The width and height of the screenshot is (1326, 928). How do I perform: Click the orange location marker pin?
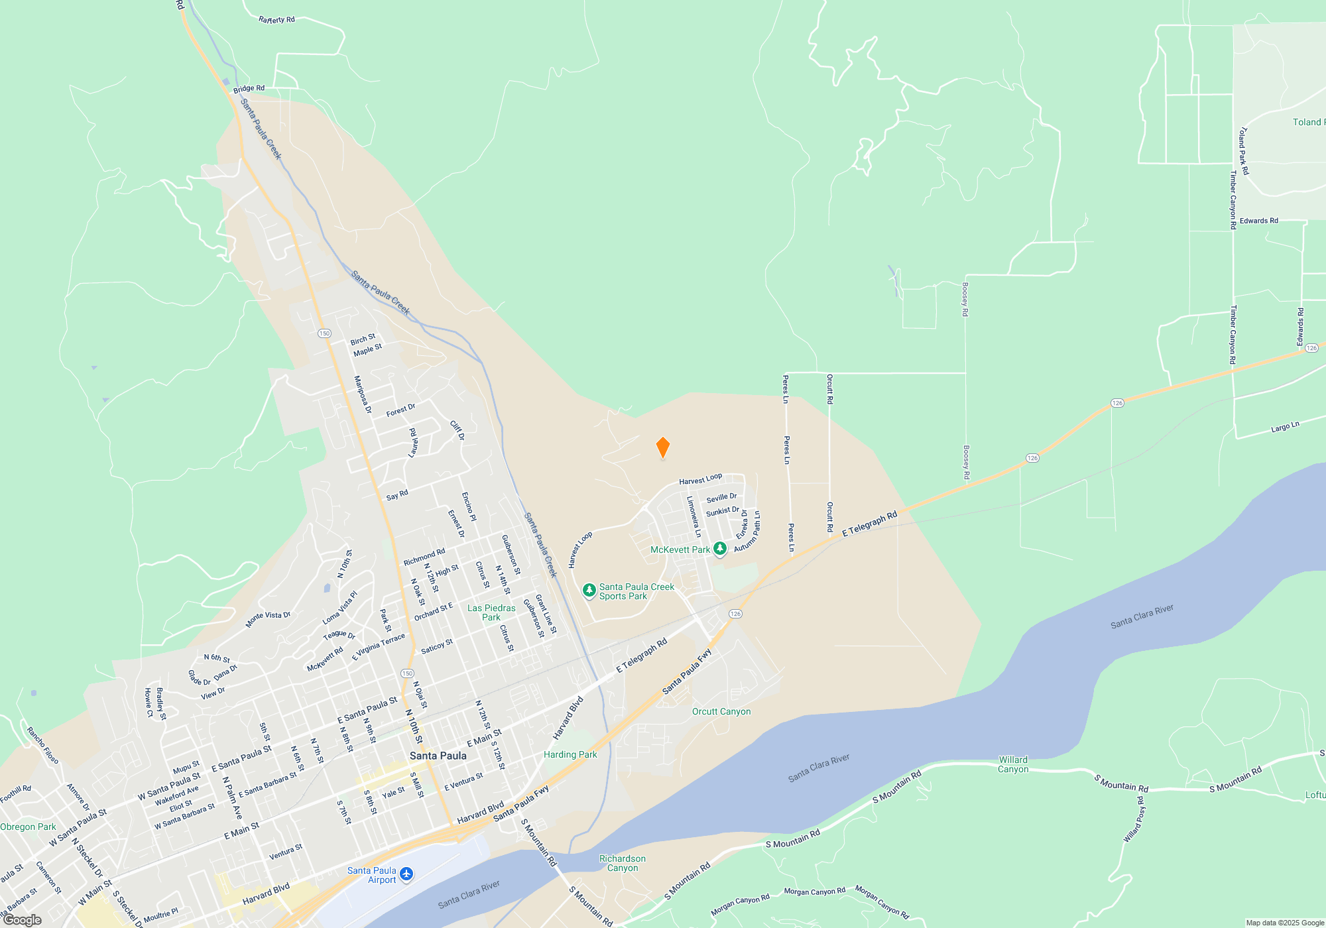click(x=662, y=447)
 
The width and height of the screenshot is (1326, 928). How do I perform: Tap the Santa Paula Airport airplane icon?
click(x=406, y=874)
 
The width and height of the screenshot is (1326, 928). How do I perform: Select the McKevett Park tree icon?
click(x=719, y=549)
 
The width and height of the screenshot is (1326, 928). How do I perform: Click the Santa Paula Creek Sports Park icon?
click(x=589, y=591)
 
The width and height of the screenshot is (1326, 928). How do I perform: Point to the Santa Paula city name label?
click(x=438, y=756)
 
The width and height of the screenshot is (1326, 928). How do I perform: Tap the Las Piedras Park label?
click(x=491, y=612)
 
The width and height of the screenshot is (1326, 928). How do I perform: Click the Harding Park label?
click(x=570, y=754)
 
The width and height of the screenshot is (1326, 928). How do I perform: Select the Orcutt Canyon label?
click(x=721, y=711)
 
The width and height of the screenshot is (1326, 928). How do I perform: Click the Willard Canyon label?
click(x=1013, y=764)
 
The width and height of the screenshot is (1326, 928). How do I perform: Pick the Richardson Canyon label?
click(x=622, y=863)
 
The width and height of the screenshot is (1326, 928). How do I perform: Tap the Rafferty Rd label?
click(x=276, y=20)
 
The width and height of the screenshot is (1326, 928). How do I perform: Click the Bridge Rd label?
click(x=249, y=88)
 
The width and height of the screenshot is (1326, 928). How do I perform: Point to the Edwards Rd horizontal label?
click(x=1258, y=221)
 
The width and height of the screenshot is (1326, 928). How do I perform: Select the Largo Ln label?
click(x=1285, y=428)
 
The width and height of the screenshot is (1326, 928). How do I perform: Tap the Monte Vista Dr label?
click(x=268, y=618)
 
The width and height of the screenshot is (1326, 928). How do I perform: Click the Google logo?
click(x=23, y=919)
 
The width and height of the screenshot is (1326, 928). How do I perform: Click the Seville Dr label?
click(x=721, y=498)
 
